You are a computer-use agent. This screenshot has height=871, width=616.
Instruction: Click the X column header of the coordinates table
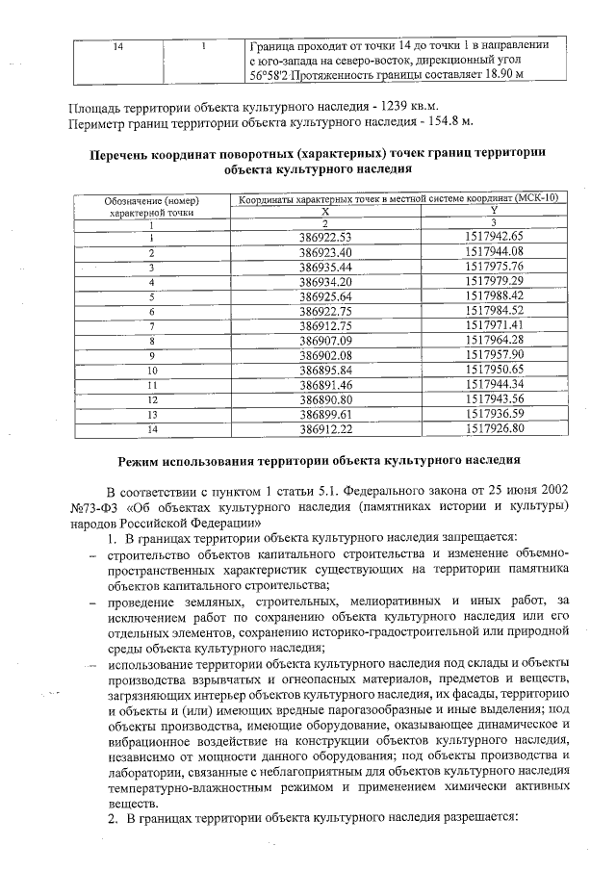point(326,210)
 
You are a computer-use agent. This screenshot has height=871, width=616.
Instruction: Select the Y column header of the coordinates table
point(493,210)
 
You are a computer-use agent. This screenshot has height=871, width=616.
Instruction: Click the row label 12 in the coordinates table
point(151,398)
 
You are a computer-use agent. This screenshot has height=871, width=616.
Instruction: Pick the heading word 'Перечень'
point(122,153)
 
